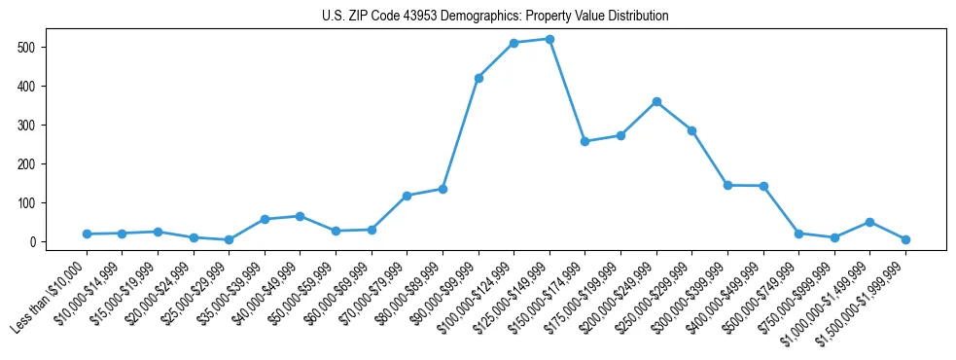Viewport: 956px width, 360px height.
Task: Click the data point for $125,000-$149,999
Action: pyautogui.click(x=549, y=39)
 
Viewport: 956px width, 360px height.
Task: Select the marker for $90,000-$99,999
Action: pyautogui.click(x=478, y=78)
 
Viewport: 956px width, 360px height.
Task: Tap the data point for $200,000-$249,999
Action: pyautogui.click(x=656, y=101)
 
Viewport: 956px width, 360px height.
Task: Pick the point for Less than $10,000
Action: pyautogui.click(x=87, y=234)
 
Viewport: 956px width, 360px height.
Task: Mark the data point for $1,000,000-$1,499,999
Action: pyautogui.click(x=869, y=222)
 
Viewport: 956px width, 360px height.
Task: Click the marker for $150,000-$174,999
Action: pyautogui.click(x=585, y=141)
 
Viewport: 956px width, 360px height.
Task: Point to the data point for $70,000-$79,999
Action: pyautogui.click(x=407, y=196)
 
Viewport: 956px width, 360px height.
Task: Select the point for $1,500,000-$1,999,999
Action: pyautogui.click(x=905, y=239)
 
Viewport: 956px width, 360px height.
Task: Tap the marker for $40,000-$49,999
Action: pyautogui.click(x=300, y=216)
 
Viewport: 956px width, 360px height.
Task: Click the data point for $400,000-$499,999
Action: pyautogui.click(x=763, y=186)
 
